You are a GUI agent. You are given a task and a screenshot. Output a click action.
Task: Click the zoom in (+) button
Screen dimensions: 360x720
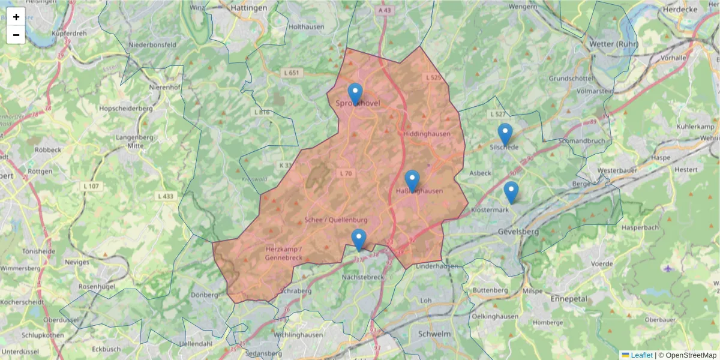pyautogui.click(x=16, y=17)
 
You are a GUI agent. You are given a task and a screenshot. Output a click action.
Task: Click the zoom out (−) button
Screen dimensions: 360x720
pyautogui.click(x=16, y=35)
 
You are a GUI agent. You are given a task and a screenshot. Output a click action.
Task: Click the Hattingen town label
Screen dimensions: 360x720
pyautogui.click(x=248, y=8)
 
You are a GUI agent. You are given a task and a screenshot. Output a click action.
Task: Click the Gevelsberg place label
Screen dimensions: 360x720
pyautogui.click(x=518, y=232)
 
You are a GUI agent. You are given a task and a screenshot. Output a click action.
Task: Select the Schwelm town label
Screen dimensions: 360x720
pyautogui.click(x=434, y=333)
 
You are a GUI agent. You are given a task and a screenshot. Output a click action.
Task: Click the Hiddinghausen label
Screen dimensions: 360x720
pyautogui.click(x=427, y=134)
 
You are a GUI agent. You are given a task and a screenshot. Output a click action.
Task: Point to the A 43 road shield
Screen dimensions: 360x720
pyautogui.click(x=385, y=11)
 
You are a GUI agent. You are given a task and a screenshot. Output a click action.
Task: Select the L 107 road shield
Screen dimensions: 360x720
pyautogui.click(x=91, y=187)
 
